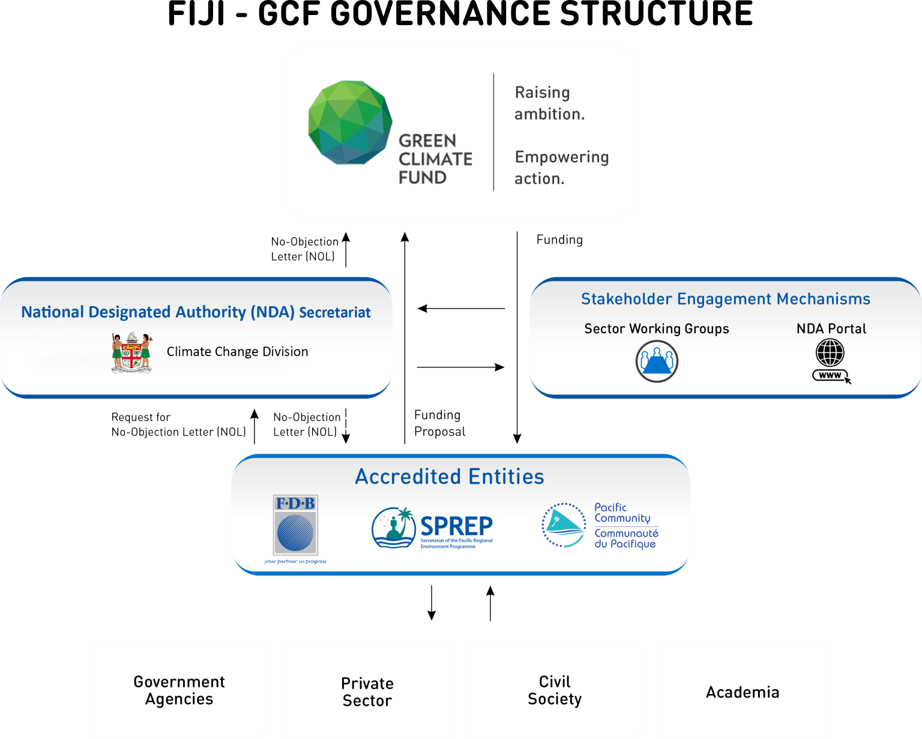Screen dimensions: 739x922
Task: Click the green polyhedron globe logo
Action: [350, 122]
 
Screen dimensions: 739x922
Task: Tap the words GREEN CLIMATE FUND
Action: [435, 159]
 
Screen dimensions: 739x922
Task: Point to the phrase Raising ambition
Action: [549, 103]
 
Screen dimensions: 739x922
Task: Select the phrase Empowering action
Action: [561, 167]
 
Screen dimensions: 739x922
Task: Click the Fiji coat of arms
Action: [131, 353]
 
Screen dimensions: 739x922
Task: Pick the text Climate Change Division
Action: [237, 352]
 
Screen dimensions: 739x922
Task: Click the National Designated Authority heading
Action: [196, 312]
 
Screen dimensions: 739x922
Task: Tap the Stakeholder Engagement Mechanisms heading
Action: [725, 299]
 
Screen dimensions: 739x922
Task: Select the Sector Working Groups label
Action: [657, 329]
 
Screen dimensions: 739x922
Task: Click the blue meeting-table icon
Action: [657, 361]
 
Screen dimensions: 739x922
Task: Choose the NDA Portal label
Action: [831, 329]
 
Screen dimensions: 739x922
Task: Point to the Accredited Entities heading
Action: [450, 477]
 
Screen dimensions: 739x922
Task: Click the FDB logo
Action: [295, 526]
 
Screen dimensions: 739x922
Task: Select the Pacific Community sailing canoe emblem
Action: [563, 525]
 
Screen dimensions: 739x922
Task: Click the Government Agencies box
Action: [179, 691]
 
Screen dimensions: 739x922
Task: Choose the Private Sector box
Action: [367, 692]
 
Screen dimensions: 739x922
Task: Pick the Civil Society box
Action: [555, 691]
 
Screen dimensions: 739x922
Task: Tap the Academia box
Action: [743, 692]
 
